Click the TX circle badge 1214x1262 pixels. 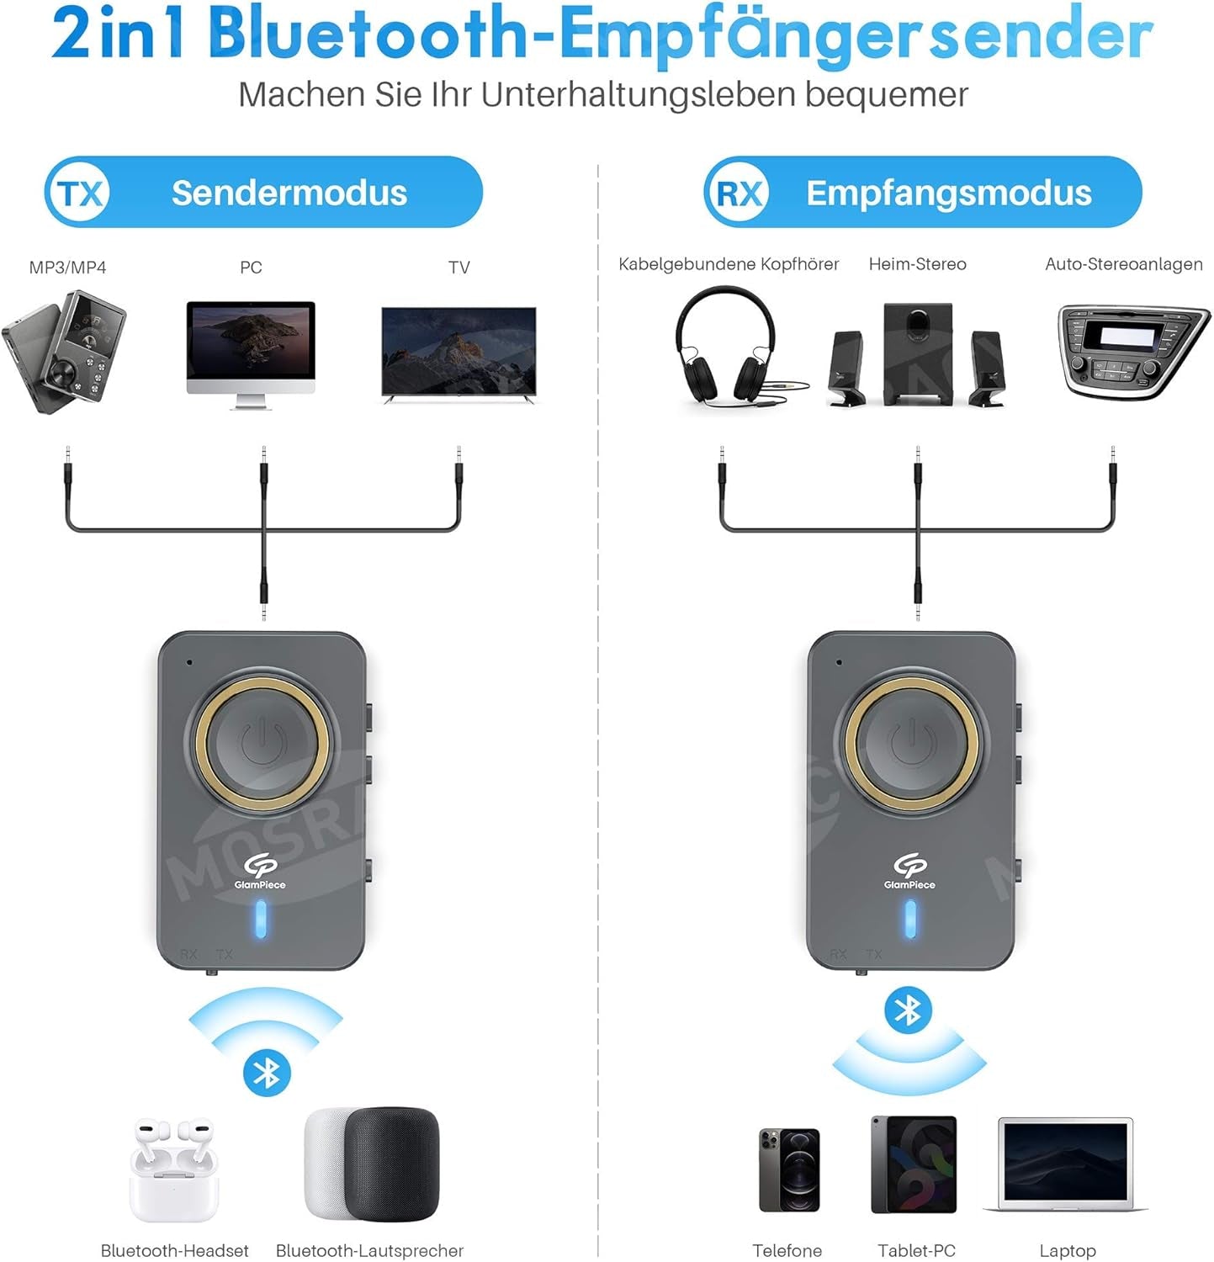pyautogui.click(x=80, y=193)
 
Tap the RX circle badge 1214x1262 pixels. pyautogui.click(x=739, y=193)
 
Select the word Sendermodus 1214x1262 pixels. pyautogui.click(x=289, y=193)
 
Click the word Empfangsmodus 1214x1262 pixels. pyautogui.click(x=949, y=193)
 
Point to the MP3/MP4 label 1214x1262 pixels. pyautogui.click(x=67, y=268)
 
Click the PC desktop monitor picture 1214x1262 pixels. pyautogui.click(x=251, y=355)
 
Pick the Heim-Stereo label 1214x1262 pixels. pyautogui.click(x=917, y=264)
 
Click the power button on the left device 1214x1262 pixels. pyautogui.click(x=262, y=741)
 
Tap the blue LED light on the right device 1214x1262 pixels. pyautogui.click(x=910, y=920)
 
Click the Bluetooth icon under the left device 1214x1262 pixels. pyautogui.click(x=267, y=1072)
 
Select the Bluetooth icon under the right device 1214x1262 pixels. pyautogui.click(x=909, y=1010)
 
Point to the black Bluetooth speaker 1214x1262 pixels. pyautogui.click(x=392, y=1162)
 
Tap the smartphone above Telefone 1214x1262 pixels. pyautogui.click(x=789, y=1169)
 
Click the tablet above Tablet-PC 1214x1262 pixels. pyautogui.click(x=914, y=1164)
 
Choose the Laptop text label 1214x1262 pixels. pyautogui.click(x=1068, y=1251)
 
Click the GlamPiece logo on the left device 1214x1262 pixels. pyautogui.click(x=260, y=871)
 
